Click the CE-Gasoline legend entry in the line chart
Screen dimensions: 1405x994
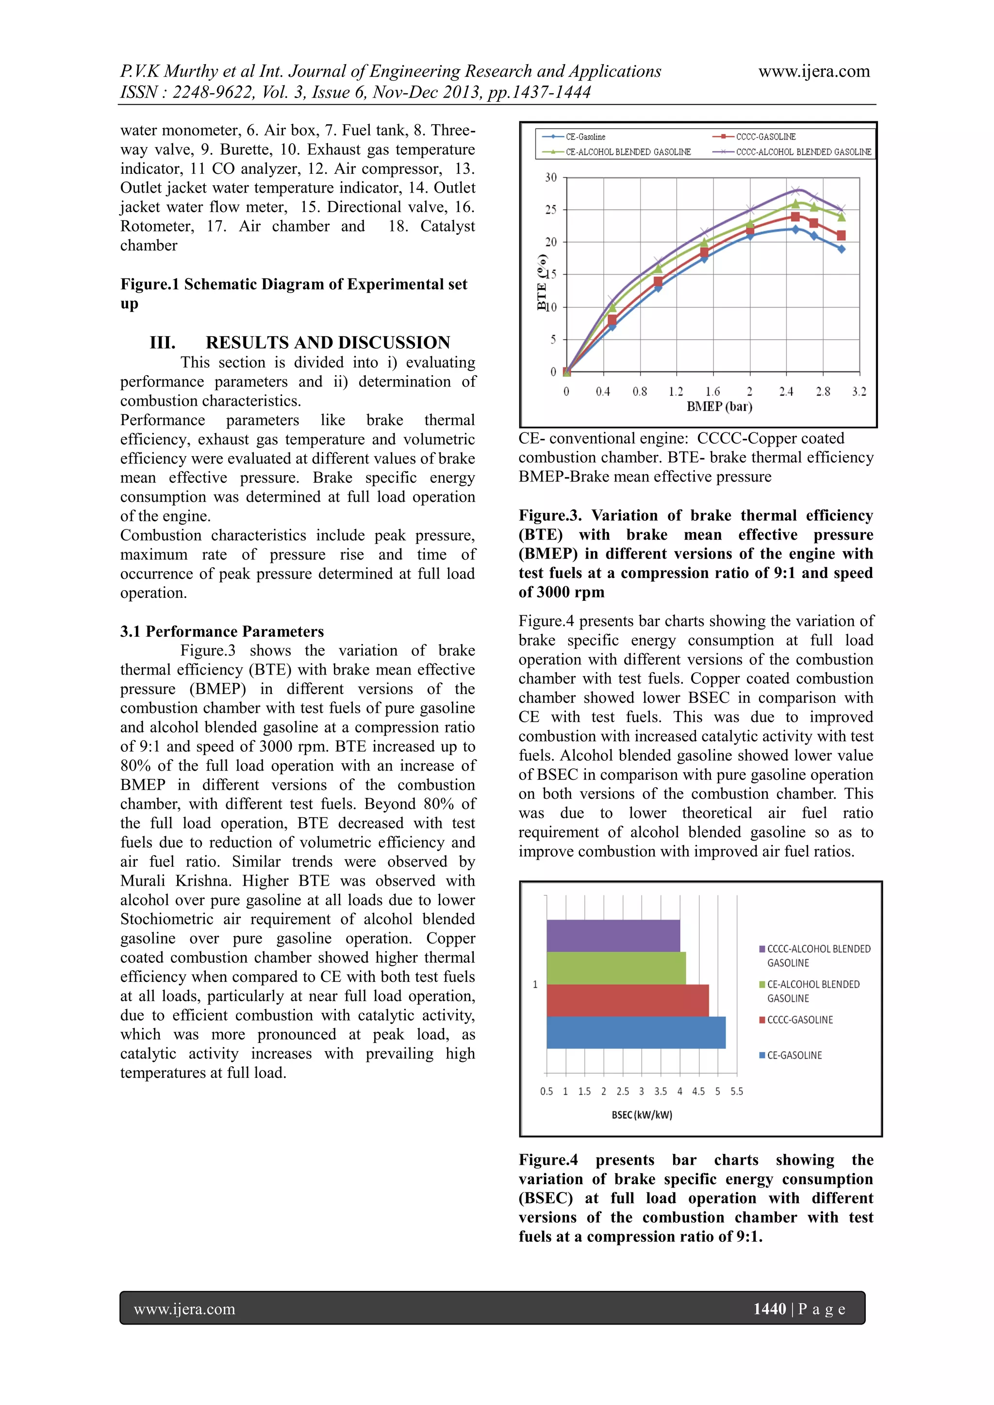click(584, 137)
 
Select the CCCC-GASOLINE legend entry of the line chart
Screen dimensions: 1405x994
click(765, 137)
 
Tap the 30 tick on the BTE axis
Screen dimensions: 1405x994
click(551, 178)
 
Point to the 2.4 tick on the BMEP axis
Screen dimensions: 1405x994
click(786, 392)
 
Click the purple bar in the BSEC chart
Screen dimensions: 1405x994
click(613, 936)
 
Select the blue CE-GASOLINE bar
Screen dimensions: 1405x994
click(635, 1032)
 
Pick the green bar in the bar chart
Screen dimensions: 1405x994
click(616, 968)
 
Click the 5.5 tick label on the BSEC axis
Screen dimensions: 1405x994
click(736, 1091)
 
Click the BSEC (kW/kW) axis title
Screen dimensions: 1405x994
click(642, 1115)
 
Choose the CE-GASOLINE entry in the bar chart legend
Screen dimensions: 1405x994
click(794, 1056)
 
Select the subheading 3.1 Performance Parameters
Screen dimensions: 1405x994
click(222, 631)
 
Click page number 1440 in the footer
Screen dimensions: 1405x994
click(769, 1309)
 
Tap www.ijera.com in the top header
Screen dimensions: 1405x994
click(814, 72)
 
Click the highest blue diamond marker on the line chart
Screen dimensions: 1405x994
click(795, 230)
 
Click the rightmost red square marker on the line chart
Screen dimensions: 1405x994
click(841, 235)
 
